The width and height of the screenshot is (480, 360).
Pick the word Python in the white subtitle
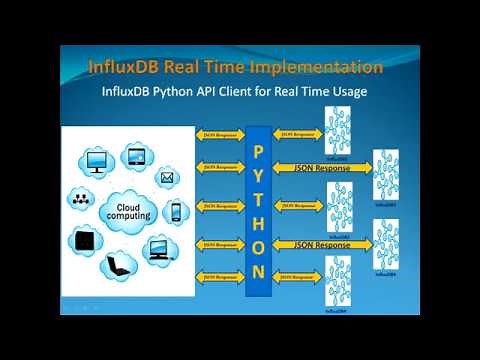point(194,93)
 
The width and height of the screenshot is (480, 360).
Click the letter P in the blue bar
point(257,149)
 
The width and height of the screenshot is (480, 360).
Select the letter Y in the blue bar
point(257,173)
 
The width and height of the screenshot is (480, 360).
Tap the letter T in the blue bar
point(257,198)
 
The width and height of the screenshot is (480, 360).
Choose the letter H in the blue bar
point(257,222)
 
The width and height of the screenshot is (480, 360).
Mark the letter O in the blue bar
point(257,246)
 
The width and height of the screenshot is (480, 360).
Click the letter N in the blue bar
point(257,271)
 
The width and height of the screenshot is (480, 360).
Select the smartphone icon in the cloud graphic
point(176,212)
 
